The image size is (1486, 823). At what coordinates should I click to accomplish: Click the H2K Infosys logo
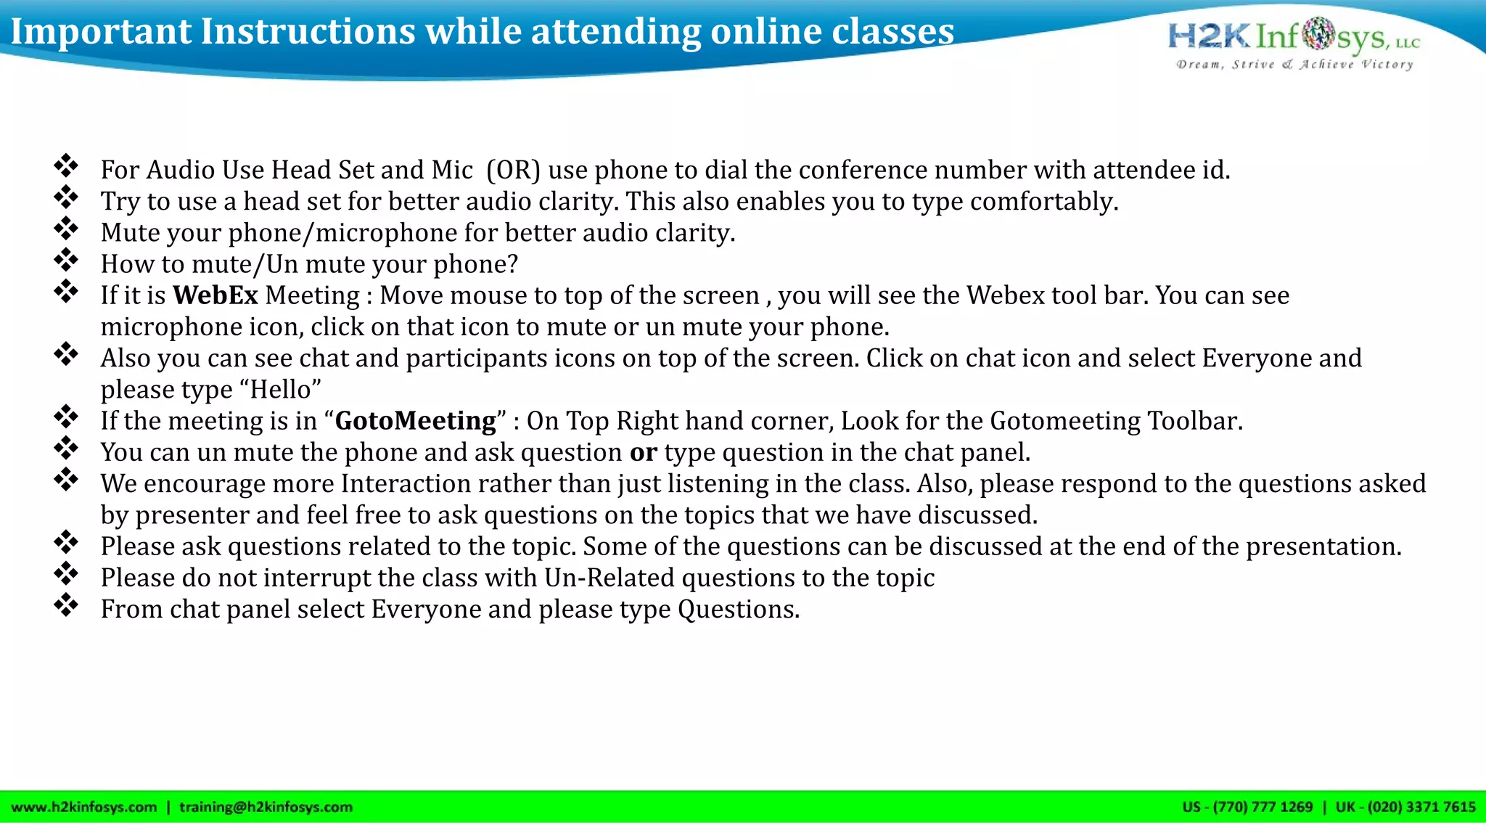click(1294, 36)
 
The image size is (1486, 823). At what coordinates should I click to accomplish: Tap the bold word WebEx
click(215, 296)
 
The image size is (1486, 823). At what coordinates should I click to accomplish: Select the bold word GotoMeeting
click(415, 422)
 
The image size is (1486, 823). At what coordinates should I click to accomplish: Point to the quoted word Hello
click(285, 390)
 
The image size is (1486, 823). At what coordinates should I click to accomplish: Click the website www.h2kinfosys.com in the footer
click(84, 807)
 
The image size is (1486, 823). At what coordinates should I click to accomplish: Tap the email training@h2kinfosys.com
click(266, 807)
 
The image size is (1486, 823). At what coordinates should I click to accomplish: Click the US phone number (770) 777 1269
click(1263, 807)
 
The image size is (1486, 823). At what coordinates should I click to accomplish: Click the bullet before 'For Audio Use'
click(66, 166)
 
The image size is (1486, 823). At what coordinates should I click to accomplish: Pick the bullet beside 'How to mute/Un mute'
click(66, 261)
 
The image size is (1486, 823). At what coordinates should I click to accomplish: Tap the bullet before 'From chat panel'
click(66, 605)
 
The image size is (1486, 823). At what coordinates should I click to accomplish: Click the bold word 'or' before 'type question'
click(643, 453)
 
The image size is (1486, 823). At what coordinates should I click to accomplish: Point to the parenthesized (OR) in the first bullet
click(514, 171)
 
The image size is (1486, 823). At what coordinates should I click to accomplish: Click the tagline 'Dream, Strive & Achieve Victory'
click(1294, 65)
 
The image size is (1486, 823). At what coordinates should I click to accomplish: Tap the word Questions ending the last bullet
click(738, 610)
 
